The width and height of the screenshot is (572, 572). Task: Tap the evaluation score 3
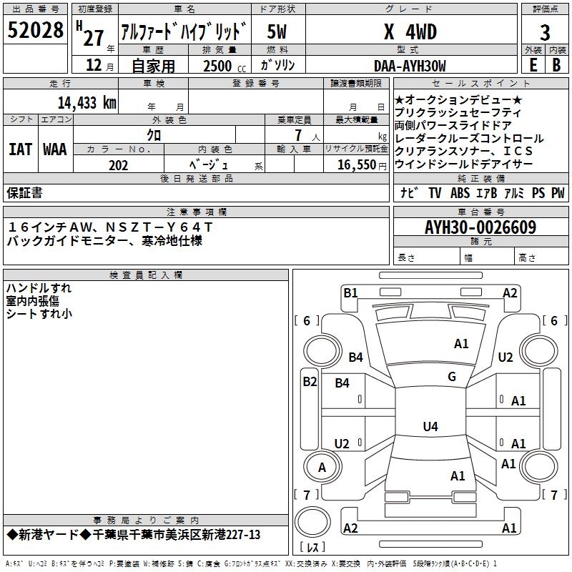[x=545, y=33]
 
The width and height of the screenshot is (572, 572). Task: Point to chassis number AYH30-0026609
[x=480, y=227]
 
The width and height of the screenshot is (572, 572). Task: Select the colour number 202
[x=118, y=165]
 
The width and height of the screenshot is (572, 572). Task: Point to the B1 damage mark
[x=350, y=292]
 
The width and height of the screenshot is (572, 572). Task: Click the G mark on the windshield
[x=451, y=376]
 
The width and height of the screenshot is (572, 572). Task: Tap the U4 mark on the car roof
[x=430, y=427]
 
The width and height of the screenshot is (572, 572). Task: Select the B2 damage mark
[x=309, y=382]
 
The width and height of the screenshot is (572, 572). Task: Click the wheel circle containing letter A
[x=322, y=468]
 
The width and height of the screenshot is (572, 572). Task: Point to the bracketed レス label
[x=312, y=548]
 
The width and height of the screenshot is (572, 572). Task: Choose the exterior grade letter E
[x=532, y=66]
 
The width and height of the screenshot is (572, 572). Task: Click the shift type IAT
[x=20, y=149]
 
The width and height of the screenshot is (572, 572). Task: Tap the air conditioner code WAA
[x=55, y=149]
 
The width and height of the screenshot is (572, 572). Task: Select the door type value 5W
[x=277, y=32]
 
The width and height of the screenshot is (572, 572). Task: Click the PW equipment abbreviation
[x=558, y=193]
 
